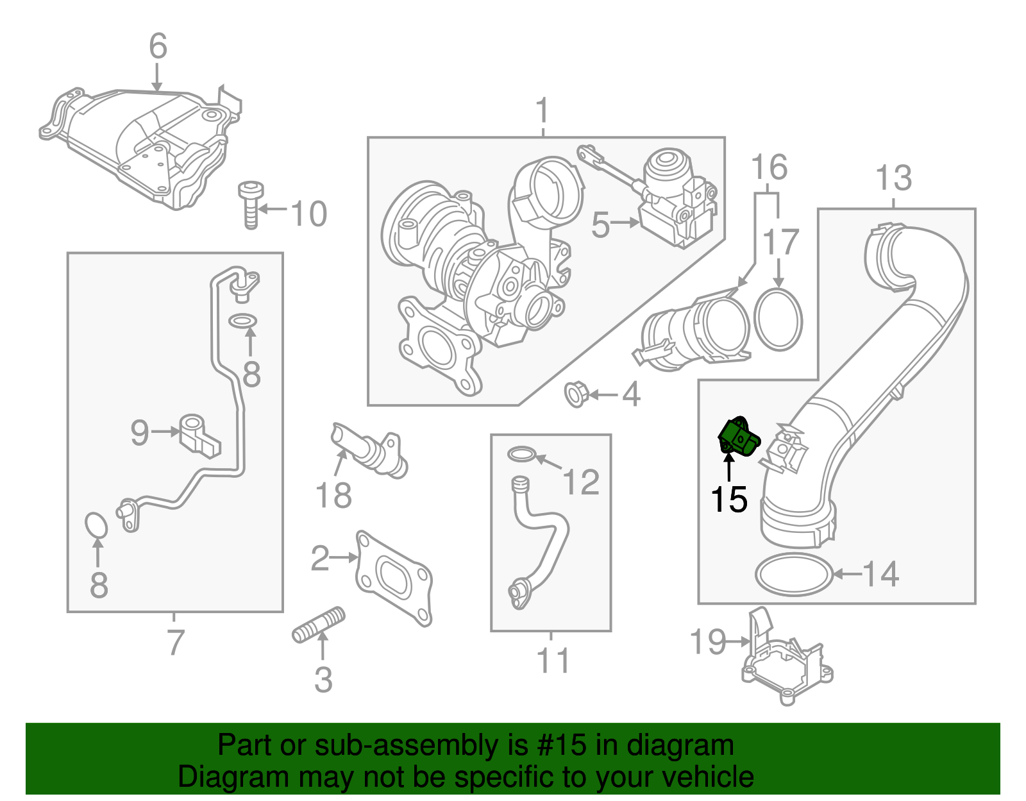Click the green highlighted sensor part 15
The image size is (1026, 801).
739,437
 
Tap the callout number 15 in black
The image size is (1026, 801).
729,500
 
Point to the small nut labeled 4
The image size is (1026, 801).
575,394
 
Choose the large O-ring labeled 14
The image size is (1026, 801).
794,574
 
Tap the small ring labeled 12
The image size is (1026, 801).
521,455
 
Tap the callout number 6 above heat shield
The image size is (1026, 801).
158,47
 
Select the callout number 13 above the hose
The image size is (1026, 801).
893,178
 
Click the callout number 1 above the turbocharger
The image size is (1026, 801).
542,111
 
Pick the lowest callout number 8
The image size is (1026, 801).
98,585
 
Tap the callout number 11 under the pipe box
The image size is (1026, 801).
553,660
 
